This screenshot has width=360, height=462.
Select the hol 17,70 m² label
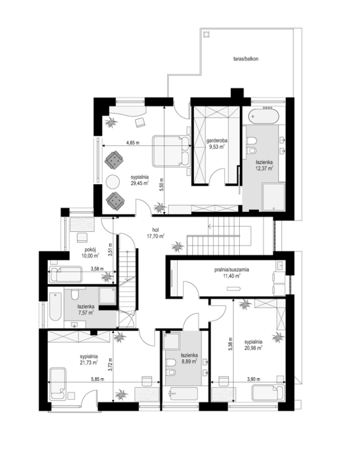coord(156,233)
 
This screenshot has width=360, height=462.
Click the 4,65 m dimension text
coord(133,143)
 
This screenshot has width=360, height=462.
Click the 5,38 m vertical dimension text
coord(230,344)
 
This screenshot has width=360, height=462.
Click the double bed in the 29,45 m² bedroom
coord(171,150)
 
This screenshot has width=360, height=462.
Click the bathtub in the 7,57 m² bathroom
coord(55,306)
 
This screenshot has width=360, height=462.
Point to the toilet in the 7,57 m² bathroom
coord(75,293)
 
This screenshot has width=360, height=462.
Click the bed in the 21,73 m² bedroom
coord(58,383)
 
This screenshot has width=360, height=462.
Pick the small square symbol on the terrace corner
coord(206,34)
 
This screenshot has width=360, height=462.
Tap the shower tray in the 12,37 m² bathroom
coord(274,197)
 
